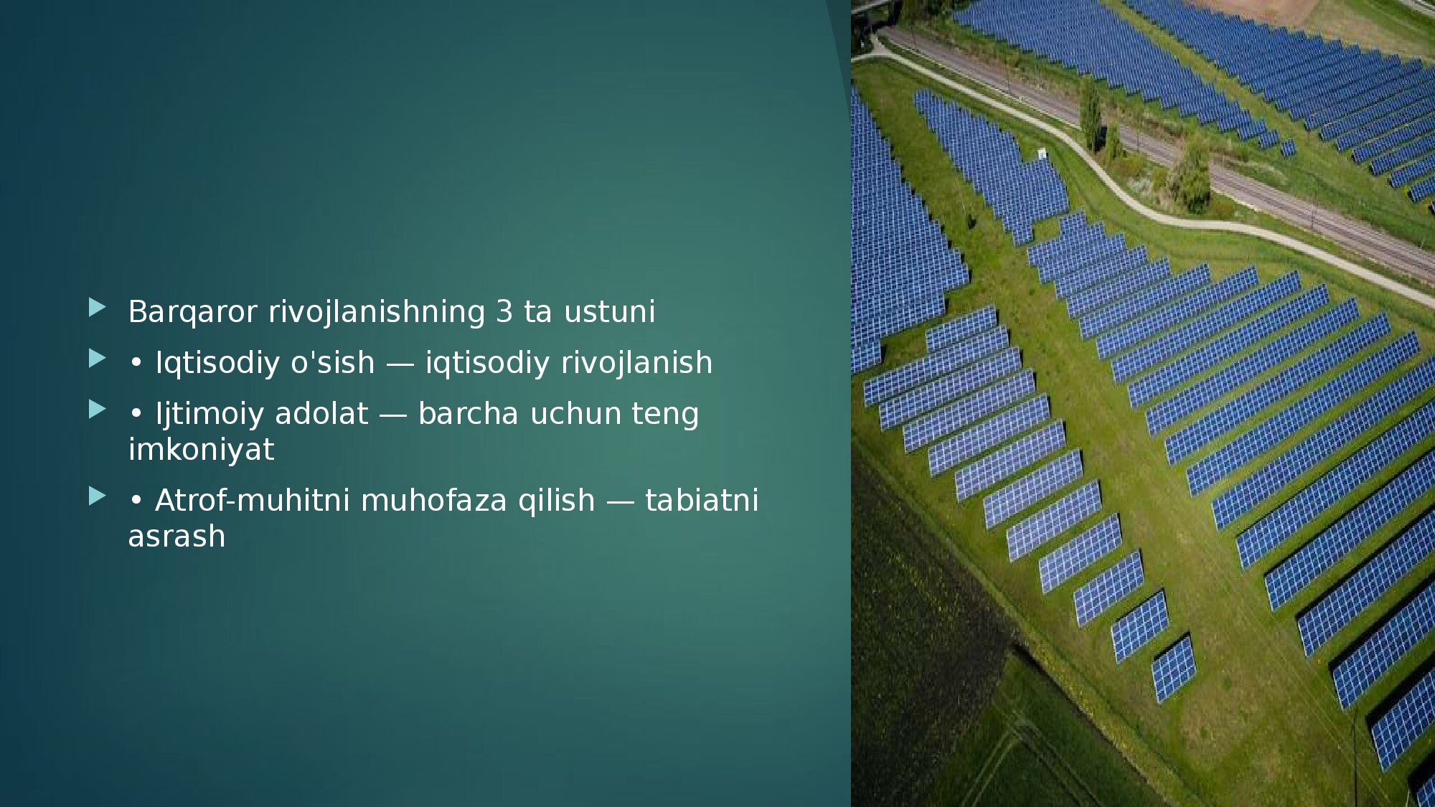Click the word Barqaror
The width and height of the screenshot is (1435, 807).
point(192,312)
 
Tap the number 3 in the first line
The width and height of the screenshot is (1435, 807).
point(504,311)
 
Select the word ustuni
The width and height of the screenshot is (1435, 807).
point(609,312)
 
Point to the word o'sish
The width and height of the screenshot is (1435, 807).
point(332,362)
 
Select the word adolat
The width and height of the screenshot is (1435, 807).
point(321,414)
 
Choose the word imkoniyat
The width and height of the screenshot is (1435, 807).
point(201,450)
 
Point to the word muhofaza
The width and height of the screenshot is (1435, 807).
point(433,500)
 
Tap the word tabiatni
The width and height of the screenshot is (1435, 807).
point(702,500)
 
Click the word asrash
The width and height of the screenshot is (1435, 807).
point(177,537)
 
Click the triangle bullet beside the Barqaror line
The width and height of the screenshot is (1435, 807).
point(97,308)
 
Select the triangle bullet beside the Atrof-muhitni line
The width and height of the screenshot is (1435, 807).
point(97,496)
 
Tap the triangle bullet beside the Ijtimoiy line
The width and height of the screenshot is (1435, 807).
point(97,410)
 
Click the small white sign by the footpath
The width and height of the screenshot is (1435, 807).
point(1041,153)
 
